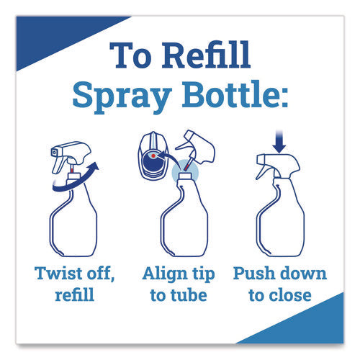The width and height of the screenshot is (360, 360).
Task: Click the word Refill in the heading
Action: pos(207,55)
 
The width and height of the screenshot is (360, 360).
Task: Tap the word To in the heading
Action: pos(131,55)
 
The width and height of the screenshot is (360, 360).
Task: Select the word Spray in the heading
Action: pos(122,96)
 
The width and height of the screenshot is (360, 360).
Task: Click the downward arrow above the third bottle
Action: pos(279,142)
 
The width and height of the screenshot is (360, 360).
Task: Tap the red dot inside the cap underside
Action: pos(153,156)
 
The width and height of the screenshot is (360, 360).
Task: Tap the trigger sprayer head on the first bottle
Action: pos(71,156)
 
